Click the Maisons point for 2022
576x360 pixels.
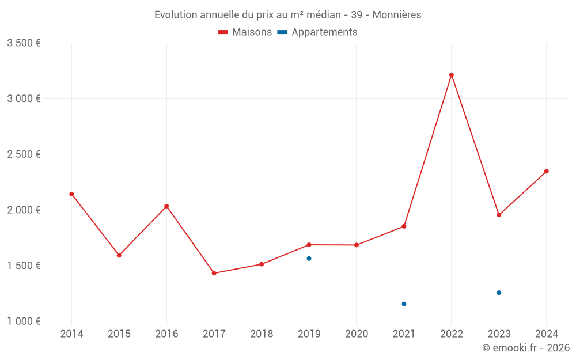452,75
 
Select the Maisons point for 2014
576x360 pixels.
71,194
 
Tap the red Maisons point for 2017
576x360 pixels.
214,273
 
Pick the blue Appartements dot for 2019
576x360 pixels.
309,259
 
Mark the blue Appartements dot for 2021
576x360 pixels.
404,304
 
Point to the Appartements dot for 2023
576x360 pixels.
499,293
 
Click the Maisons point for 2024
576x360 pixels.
547,171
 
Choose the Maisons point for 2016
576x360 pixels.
166,206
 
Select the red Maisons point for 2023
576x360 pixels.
499,215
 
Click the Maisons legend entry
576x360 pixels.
245,32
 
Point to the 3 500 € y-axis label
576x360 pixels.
24,43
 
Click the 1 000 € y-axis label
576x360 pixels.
24,321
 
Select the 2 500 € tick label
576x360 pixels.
24,154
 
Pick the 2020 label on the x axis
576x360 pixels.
357,334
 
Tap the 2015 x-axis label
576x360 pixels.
119,334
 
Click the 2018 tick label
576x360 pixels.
262,334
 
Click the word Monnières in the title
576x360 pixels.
397,15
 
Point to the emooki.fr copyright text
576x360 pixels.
526,348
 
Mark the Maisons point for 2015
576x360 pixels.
119,255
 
